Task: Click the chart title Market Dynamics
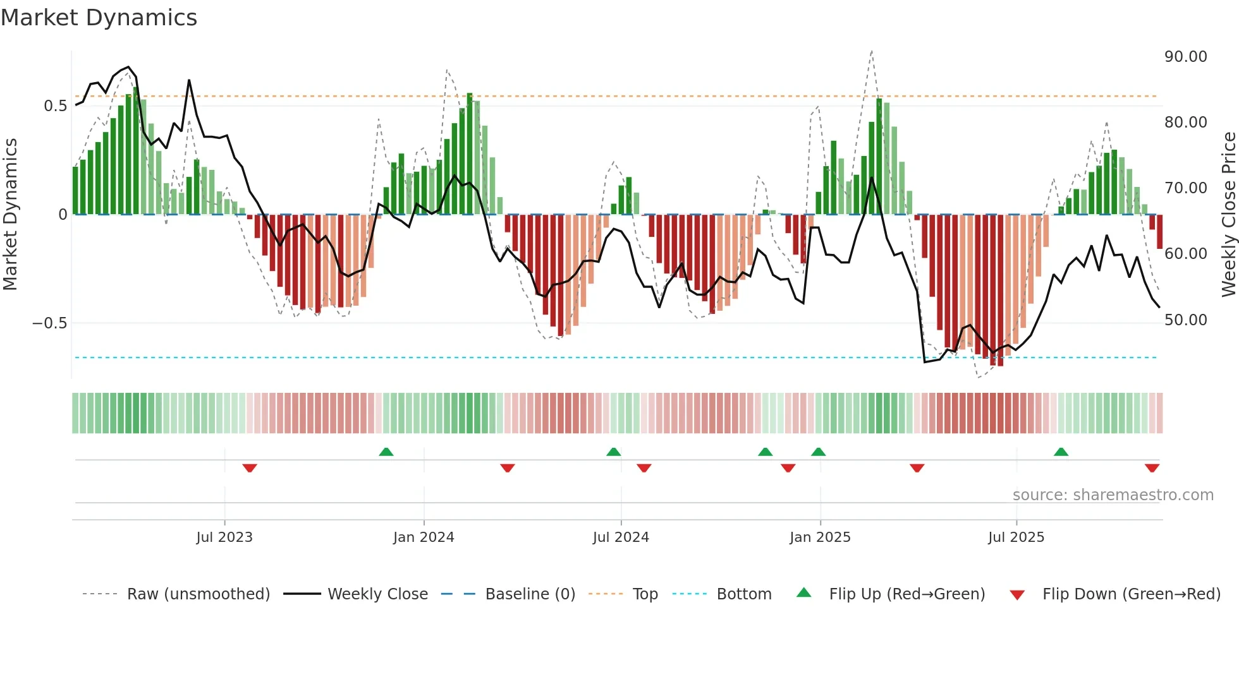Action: click(x=99, y=18)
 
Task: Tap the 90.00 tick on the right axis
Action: click(x=1185, y=57)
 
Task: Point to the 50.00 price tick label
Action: click(x=1185, y=320)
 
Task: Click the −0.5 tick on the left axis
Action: click(x=49, y=323)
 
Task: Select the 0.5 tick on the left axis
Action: click(x=55, y=106)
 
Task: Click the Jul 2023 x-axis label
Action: click(x=224, y=537)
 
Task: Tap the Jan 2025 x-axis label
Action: click(x=820, y=537)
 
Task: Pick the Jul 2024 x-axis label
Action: click(x=621, y=537)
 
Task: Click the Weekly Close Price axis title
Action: click(x=1228, y=215)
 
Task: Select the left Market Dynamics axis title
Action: click(x=10, y=215)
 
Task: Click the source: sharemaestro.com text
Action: click(x=1113, y=495)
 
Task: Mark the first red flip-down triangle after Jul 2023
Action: click(x=250, y=468)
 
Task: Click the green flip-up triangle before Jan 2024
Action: click(x=386, y=452)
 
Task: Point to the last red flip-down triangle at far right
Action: click(x=1152, y=468)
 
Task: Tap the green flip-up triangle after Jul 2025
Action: click(x=1061, y=452)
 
